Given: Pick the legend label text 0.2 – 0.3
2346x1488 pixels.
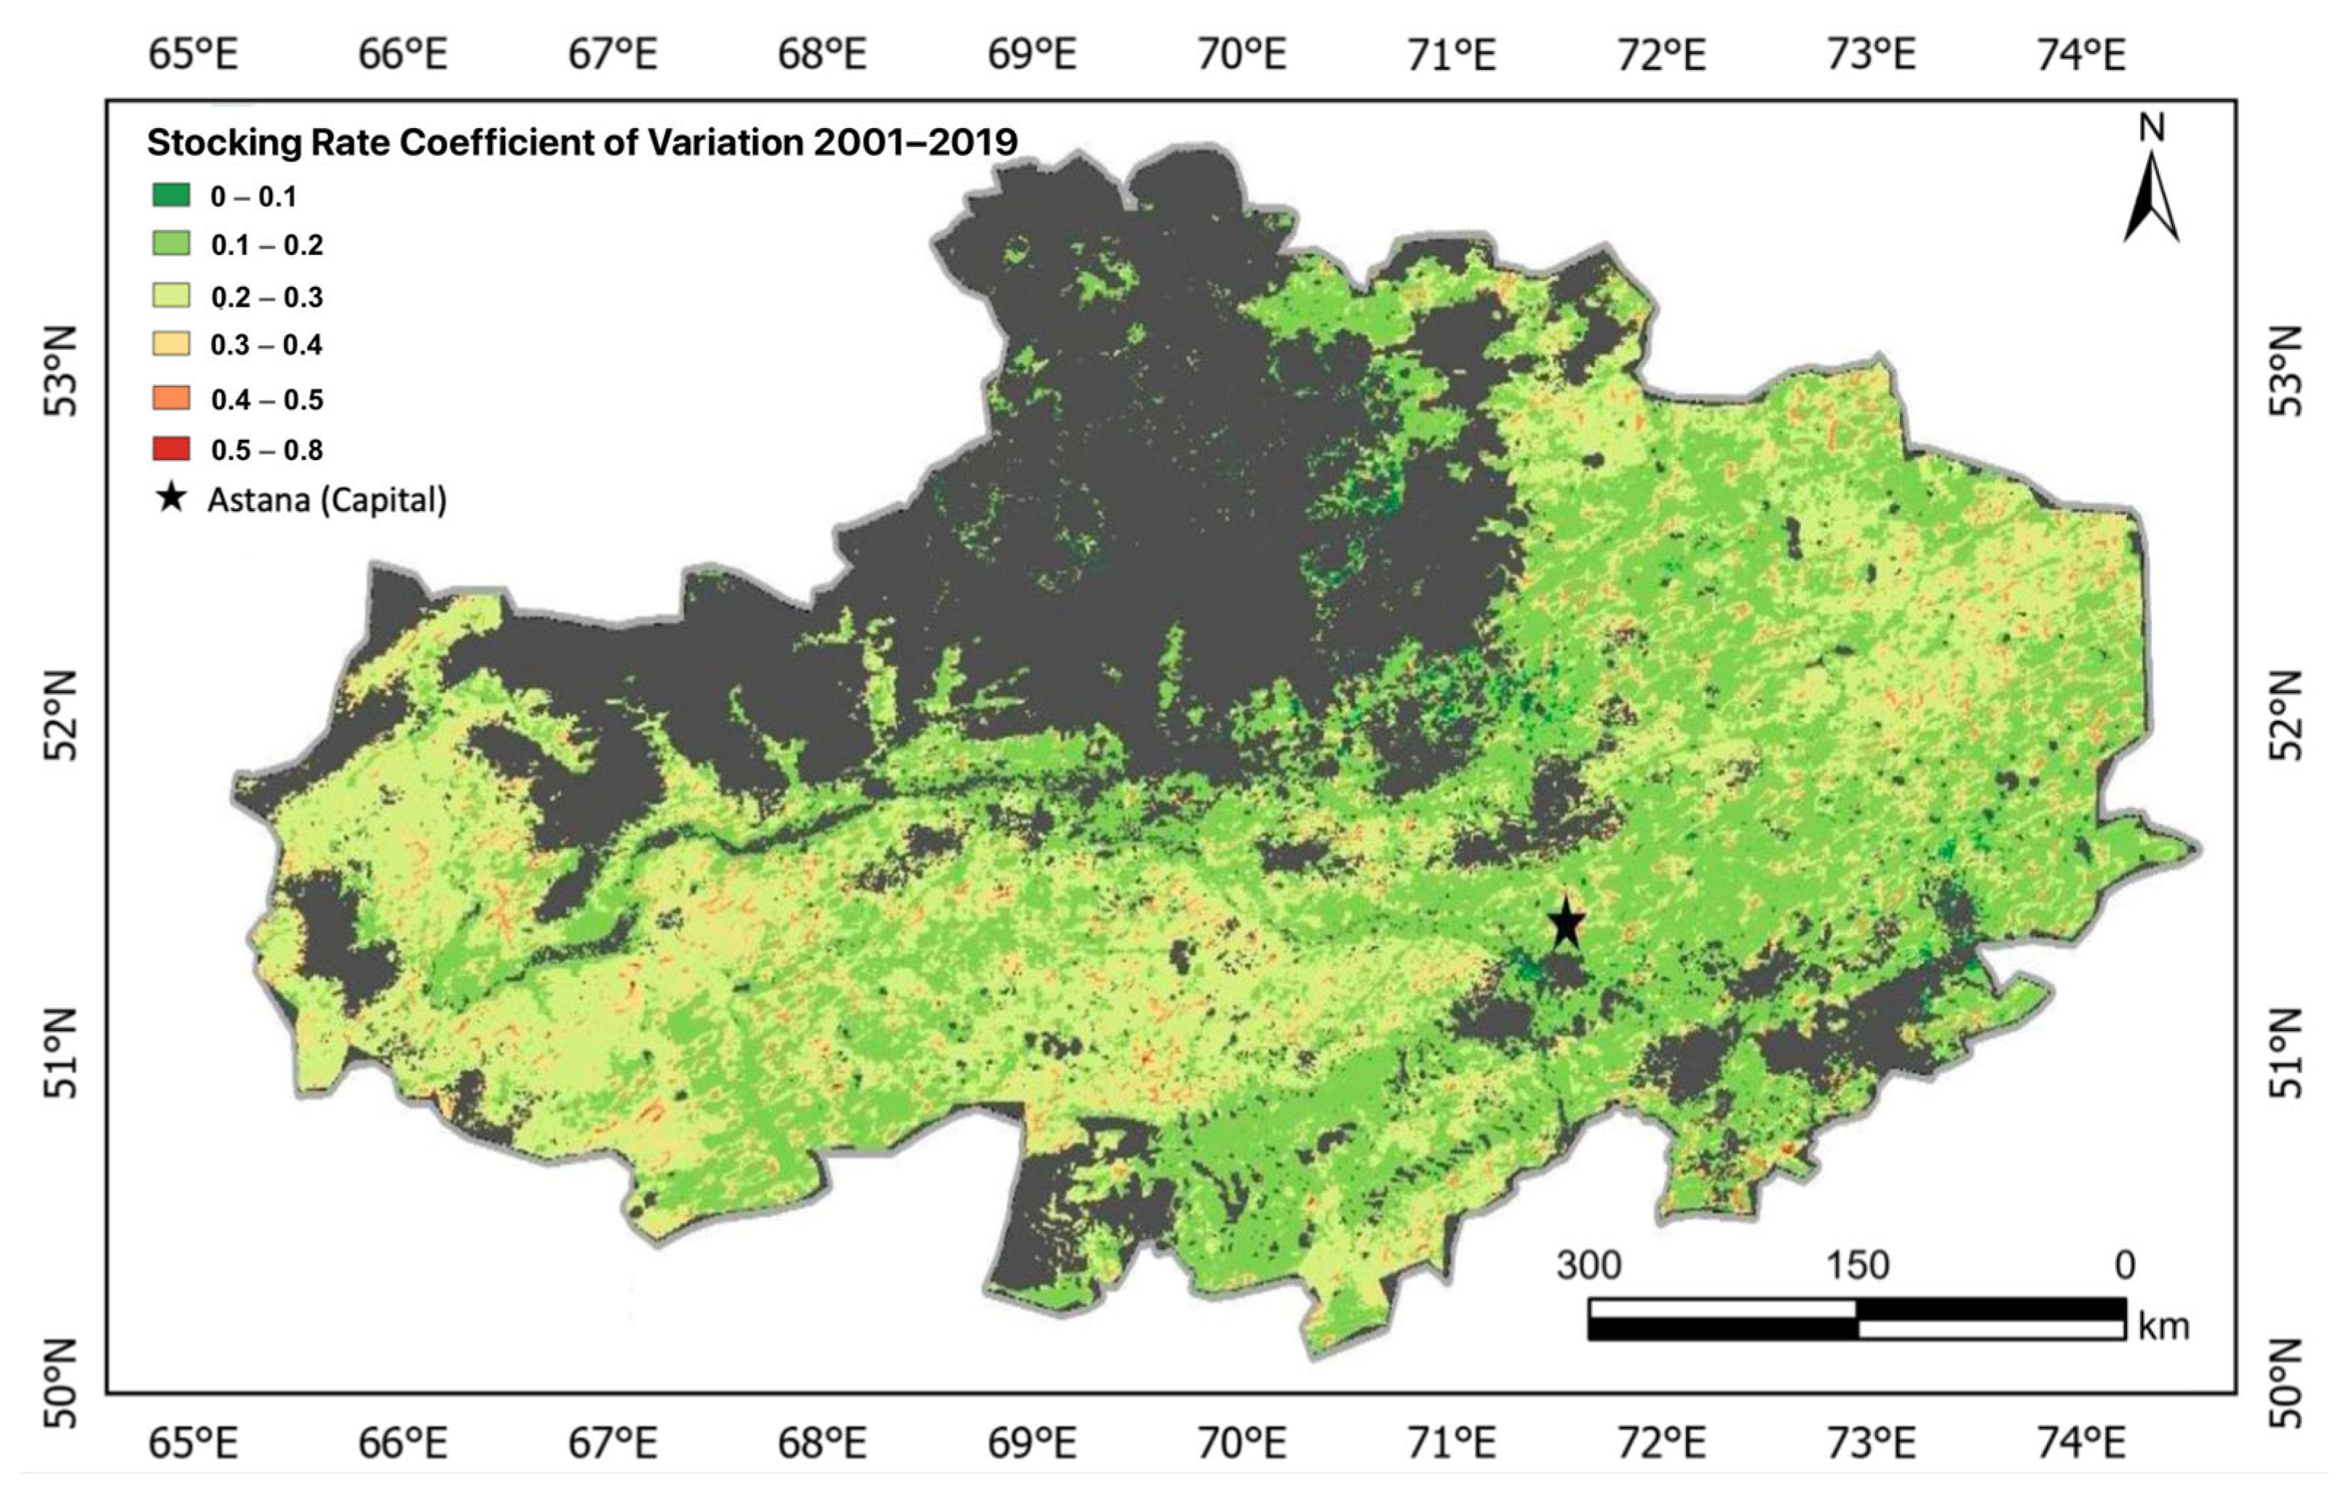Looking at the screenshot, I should (x=267, y=297).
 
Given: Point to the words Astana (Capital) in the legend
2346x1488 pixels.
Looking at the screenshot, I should (x=327, y=500).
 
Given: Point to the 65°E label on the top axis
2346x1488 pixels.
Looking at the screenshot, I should (x=193, y=54).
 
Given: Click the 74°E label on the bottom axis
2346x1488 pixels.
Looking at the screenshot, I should (x=2081, y=1443).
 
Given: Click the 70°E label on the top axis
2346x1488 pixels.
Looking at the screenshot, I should (x=1241, y=54).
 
